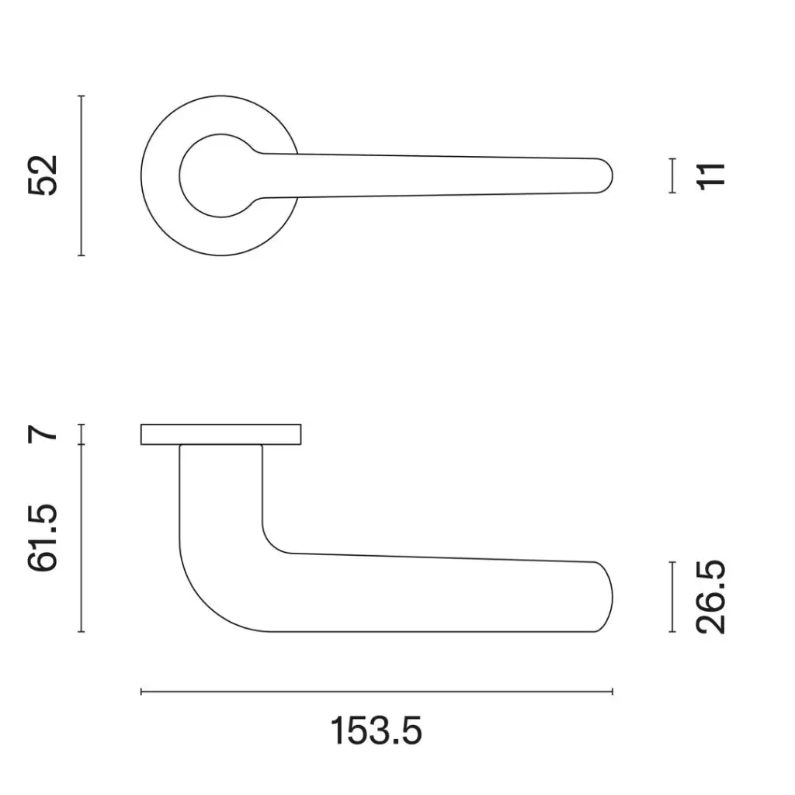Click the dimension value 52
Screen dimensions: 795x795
pyautogui.click(x=43, y=175)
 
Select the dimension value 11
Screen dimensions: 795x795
pyautogui.click(x=712, y=175)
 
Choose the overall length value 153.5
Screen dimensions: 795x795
pyautogui.click(x=377, y=731)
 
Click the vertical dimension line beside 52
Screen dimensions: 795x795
pyautogui.click(x=82, y=175)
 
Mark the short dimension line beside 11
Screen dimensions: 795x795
pyautogui.click(x=672, y=175)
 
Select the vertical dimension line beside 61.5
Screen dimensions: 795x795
pyautogui.click(x=82, y=538)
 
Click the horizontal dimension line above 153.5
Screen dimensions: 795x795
pyautogui.click(x=377, y=691)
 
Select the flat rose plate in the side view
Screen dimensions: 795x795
pyautogui.click(x=220, y=435)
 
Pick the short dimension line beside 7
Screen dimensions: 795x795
pyautogui.click(x=82, y=435)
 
